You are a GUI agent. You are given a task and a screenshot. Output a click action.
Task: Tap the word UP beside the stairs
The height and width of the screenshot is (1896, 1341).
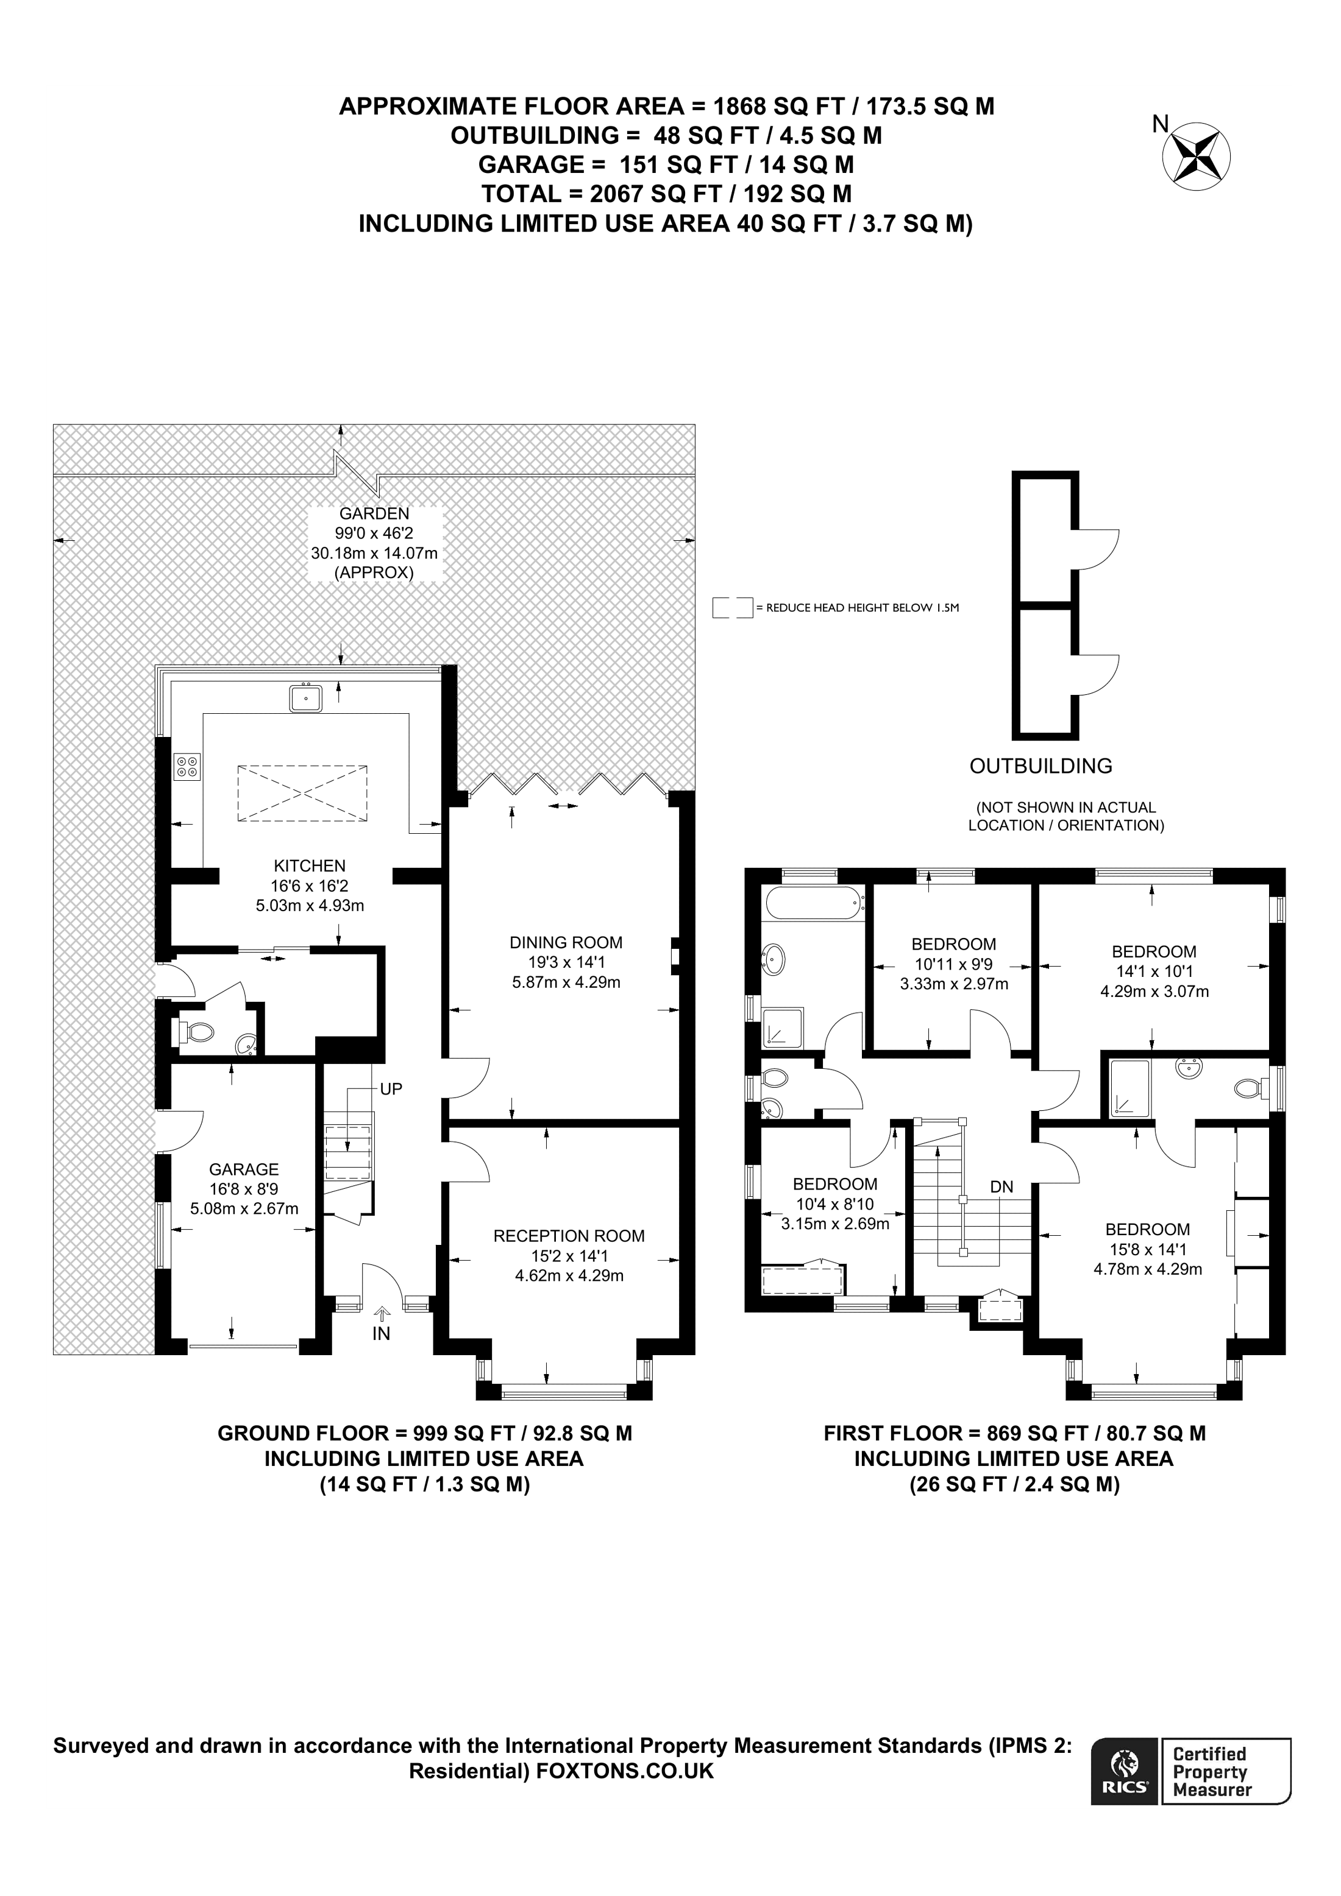coord(391,1089)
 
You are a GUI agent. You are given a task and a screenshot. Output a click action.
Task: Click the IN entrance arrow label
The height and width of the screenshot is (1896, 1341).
coord(381,1333)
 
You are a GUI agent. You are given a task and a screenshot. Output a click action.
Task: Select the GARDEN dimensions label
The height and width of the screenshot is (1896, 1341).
coord(374,543)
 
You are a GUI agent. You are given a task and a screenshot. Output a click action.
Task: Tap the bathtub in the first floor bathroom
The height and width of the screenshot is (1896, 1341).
coord(814,903)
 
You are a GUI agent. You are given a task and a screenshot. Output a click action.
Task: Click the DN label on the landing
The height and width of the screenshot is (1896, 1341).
coord(1001,1186)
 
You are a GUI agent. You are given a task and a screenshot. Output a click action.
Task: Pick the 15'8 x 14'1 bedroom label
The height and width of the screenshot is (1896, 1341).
coord(1148,1249)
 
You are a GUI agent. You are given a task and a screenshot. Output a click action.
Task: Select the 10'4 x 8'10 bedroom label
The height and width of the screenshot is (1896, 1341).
coord(834,1204)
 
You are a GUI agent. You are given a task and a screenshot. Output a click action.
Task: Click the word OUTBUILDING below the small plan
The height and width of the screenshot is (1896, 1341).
coord(1040,766)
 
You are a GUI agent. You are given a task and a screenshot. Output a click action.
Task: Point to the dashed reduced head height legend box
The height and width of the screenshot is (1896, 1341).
coord(732,608)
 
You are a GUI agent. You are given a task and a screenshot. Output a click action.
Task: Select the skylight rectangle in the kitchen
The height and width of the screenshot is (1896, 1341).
coord(302,793)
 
